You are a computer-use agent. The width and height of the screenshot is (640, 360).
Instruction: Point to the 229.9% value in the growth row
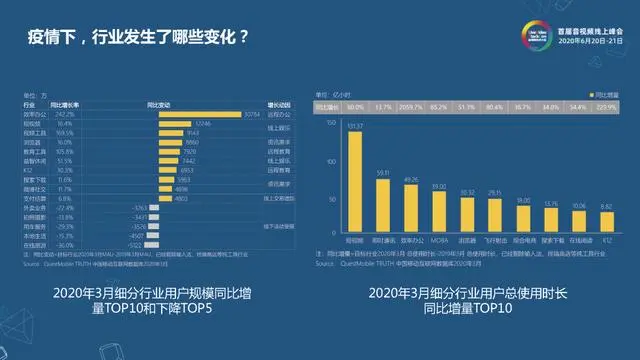(x=605, y=104)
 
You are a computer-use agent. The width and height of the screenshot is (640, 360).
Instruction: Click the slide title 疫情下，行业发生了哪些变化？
(x=136, y=43)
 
